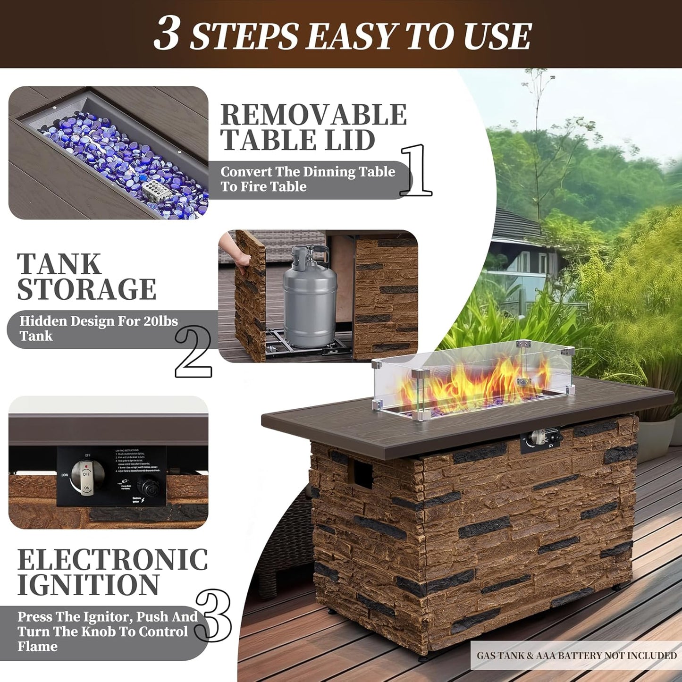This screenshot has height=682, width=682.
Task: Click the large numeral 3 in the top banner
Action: click(x=167, y=34)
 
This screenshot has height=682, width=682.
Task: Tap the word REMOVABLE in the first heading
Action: click(x=313, y=115)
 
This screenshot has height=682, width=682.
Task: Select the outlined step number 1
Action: click(x=416, y=171)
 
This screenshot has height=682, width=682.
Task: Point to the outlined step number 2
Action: click(x=194, y=352)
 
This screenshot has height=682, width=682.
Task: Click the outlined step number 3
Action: click(x=213, y=616)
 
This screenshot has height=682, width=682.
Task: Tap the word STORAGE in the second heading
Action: click(x=87, y=289)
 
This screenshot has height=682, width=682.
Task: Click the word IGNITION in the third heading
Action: click(x=88, y=585)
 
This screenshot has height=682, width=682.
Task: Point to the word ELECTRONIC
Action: click(x=112, y=560)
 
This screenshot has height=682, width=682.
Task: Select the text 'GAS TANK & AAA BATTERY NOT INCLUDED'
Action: click(x=576, y=655)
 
